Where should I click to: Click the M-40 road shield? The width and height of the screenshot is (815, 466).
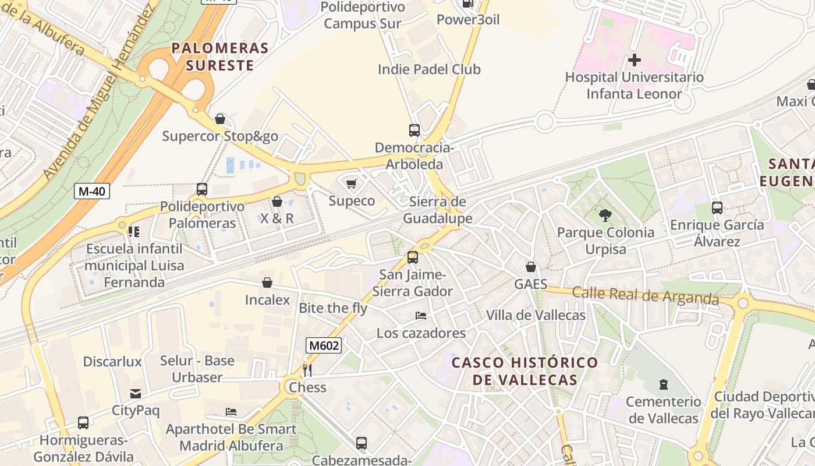click(x=92, y=190)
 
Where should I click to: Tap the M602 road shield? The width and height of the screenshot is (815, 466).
click(x=324, y=345)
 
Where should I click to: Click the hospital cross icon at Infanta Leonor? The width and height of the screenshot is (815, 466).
click(x=635, y=59)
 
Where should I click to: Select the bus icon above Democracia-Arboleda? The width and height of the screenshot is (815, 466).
click(x=414, y=130)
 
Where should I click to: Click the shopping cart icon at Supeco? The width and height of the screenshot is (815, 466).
click(x=351, y=184)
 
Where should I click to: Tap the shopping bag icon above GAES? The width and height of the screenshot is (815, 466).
click(x=530, y=267)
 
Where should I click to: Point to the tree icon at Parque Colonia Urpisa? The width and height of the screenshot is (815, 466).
click(x=605, y=216)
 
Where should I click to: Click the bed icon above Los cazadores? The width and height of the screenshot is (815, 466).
click(x=421, y=316)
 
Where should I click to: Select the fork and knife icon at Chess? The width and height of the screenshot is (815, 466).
click(x=307, y=370)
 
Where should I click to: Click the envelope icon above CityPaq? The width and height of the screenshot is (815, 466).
click(x=136, y=394)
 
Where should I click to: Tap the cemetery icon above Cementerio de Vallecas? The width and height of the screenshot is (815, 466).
click(x=663, y=384)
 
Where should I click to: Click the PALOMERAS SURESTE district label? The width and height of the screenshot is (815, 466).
click(x=219, y=57)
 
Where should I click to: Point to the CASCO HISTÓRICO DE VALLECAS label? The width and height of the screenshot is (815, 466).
click(x=525, y=371)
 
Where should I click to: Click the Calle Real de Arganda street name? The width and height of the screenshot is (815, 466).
click(x=645, y=295)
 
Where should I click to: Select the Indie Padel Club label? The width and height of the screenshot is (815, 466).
click(x=429, y=69)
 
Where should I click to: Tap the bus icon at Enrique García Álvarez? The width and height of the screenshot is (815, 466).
click(x=717, y=208)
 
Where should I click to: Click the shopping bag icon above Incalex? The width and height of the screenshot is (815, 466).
click(x=267, y=283)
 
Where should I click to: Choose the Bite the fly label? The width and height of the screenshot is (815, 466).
click(x=333, y=308)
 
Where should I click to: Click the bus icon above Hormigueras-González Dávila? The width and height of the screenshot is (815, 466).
click(x=83, y=423)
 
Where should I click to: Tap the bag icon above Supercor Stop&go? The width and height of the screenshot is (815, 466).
click(x=220, y=119)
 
